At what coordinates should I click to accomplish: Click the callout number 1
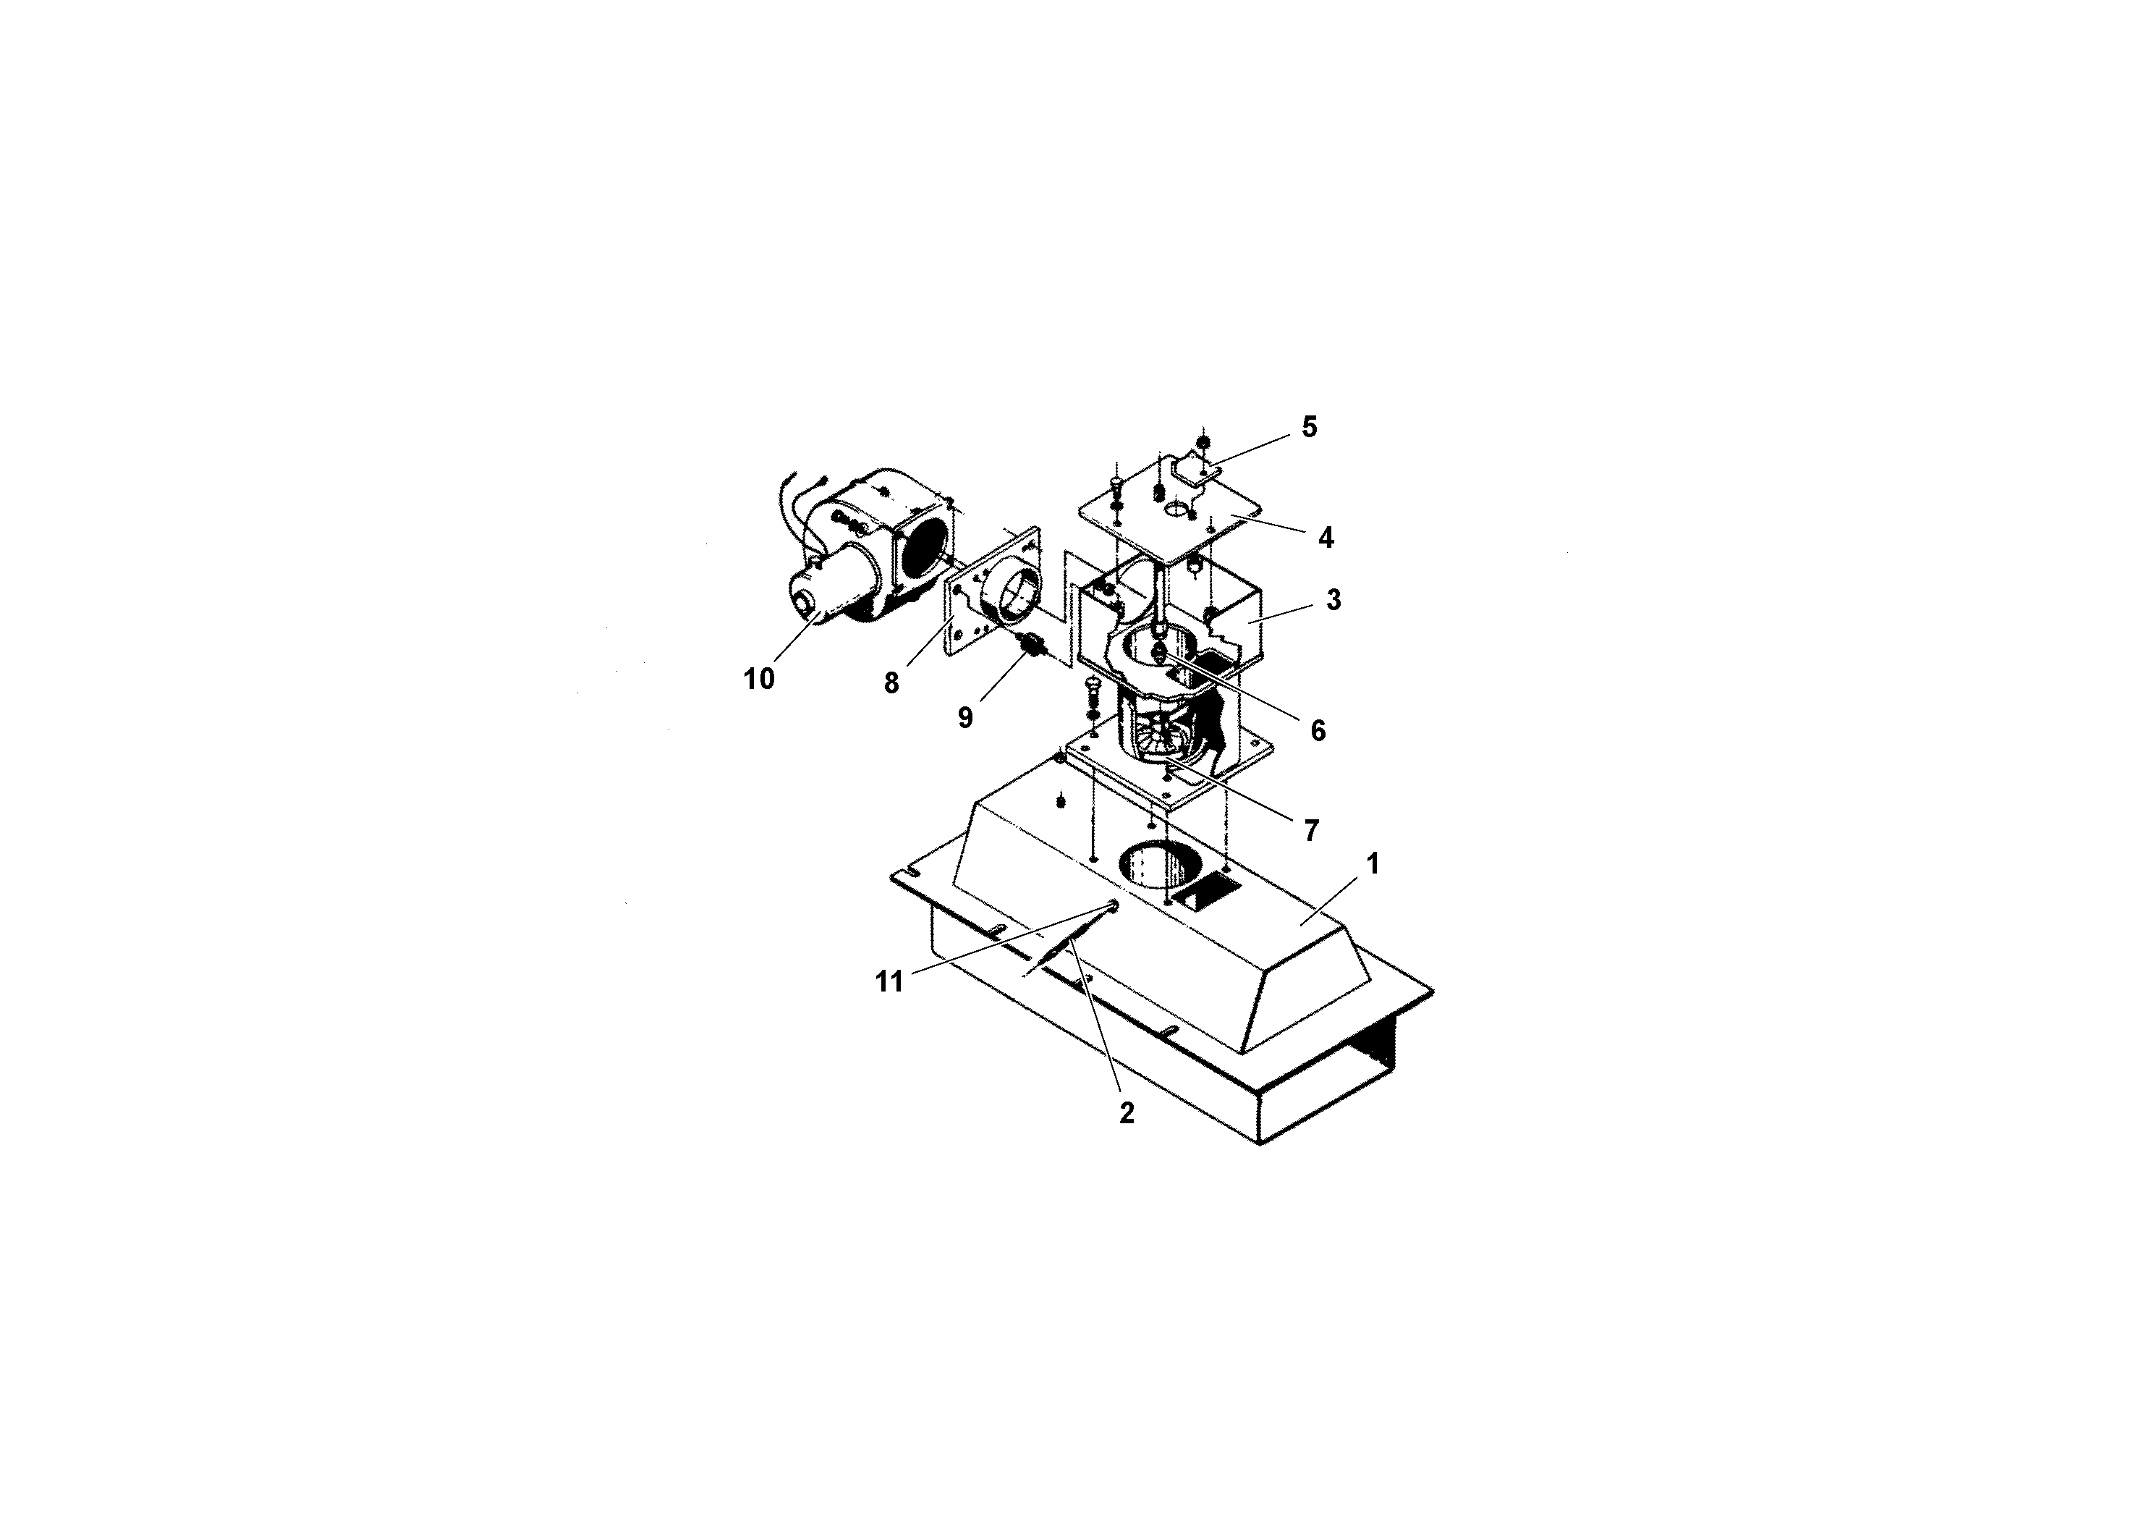point(1373,864)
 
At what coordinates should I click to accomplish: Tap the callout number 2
point(1127,1113)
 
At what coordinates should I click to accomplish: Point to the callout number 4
point(1326,538)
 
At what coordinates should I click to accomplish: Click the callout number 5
point(1309,427)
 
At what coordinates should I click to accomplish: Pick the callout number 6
point(1318,731)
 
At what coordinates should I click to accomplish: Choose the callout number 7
point(1310,829)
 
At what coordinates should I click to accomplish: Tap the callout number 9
point(965,717)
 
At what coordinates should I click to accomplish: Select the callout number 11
point(889,981)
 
